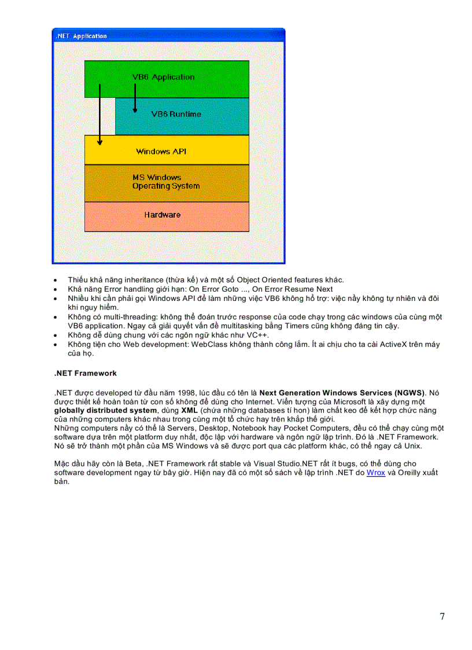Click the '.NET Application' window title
coord(82,36)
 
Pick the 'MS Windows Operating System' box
coord(167,182)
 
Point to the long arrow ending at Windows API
coord(99,116)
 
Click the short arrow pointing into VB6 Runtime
coord(135,98)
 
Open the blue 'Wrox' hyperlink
coord(375,473)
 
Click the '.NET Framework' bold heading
coord(85,374)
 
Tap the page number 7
coord(442,616)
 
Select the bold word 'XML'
coord(190,410)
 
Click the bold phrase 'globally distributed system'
coord(105,410)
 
